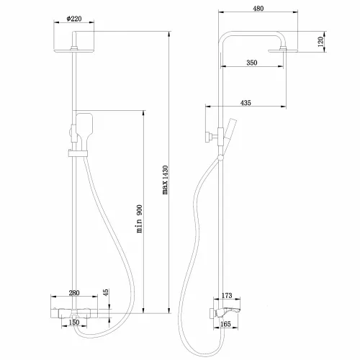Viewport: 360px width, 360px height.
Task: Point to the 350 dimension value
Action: coord(252,63)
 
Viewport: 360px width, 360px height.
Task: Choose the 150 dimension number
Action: coord(73,322)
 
